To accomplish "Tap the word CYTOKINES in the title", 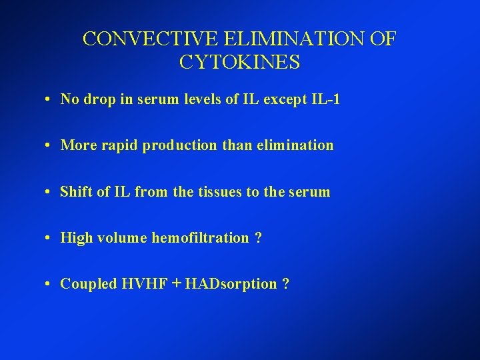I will pyautogui.click(x=240, y=63).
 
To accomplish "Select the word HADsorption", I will pyautogui.click(x=231, y=284).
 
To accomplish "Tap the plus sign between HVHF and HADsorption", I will pyautogui.click(x=176, y=283).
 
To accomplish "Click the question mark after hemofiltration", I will pyautogui.click(x=258, y=238).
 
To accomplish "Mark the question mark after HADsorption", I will pyautogui.click(x=285, y=284).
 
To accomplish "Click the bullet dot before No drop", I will pyautogui.click(x=51, y=100).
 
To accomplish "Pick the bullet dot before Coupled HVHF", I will pyautogui.click(x=51, y=285).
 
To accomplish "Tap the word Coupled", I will pyautogui.click(x=88, y=284).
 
